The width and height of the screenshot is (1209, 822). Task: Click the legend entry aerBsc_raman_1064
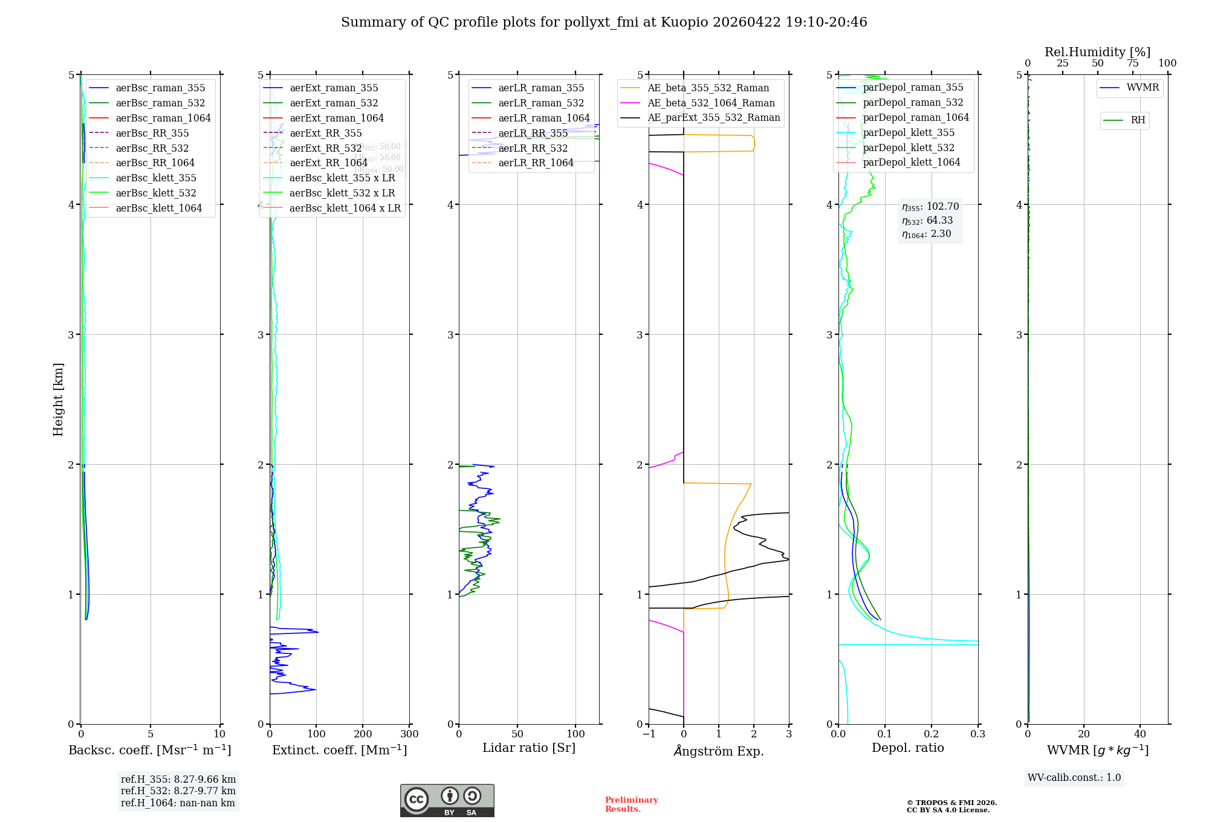163,118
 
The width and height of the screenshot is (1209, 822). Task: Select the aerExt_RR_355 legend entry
325,133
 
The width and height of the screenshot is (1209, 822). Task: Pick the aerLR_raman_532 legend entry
541,103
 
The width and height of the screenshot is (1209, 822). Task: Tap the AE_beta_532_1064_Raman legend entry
711,103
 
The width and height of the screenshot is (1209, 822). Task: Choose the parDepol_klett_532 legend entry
908,147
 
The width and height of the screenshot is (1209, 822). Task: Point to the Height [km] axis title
58,400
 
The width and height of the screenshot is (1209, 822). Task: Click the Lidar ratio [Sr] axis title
529,748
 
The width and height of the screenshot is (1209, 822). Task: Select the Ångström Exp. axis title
719,751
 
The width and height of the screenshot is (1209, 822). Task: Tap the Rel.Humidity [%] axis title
1097,52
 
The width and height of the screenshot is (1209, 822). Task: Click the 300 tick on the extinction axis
410,734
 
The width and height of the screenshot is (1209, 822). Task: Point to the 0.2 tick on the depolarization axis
932,734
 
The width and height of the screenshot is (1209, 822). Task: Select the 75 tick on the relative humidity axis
1133,63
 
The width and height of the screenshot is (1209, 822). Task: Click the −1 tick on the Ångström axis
649,734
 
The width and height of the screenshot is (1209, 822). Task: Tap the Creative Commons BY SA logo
447,800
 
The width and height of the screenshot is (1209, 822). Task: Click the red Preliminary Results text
631,804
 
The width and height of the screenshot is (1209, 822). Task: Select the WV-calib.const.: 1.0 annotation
1074,778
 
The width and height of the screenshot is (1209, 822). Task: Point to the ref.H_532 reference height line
178,791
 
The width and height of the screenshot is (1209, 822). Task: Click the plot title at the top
604,22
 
